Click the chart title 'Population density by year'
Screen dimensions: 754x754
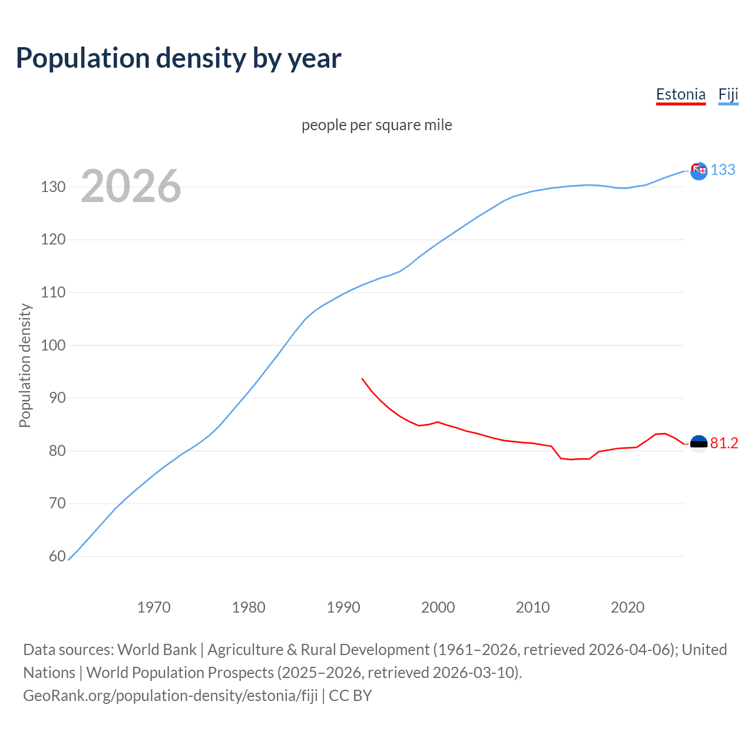178,58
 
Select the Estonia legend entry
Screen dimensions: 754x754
680,94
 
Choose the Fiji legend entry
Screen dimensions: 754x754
728,94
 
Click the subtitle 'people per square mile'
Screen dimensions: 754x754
376,125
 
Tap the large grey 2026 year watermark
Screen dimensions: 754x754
131,186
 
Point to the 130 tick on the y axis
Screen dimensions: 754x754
53,187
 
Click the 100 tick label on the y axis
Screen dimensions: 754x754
53,345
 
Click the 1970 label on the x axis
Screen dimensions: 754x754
154,607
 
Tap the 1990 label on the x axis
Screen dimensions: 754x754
343,607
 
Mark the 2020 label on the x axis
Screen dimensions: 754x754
627,607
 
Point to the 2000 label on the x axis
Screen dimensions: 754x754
438,607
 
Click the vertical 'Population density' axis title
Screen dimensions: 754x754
25,365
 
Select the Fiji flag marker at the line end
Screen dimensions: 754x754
699,171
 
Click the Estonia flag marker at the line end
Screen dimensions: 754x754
699,444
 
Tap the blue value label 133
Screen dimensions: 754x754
723,170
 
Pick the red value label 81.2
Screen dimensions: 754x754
724,443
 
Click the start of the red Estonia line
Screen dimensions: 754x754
362,378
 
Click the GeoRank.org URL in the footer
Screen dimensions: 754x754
170,695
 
